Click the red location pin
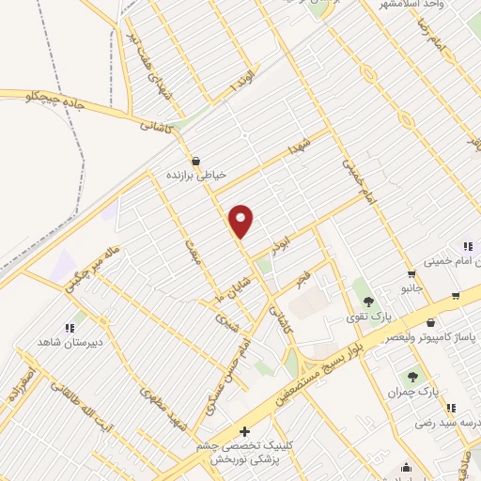241,221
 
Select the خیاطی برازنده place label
199,174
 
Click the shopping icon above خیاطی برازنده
196,160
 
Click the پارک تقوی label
366,317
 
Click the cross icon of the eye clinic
245,431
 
